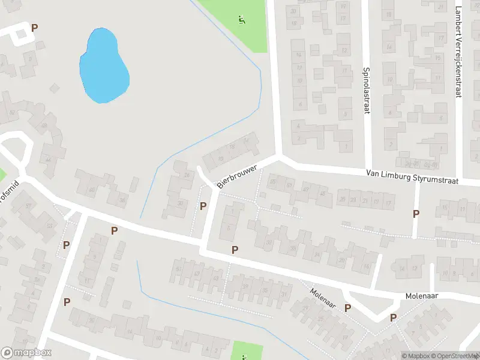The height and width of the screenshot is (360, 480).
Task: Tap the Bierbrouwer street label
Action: (x=241, y=173)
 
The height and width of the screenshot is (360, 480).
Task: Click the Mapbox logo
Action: (x=26, y=353)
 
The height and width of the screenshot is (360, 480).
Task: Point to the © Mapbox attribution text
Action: (x=416, y=356)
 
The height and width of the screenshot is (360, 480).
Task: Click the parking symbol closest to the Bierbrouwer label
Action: (x=203, y=206)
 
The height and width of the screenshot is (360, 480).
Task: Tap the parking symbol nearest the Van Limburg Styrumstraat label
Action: (x=416, y=214)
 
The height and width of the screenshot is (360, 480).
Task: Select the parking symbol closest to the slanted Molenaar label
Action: (x=347, y=308)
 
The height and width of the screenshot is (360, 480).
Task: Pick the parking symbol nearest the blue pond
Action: (x=34, y=28)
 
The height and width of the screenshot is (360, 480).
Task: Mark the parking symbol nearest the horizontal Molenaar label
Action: (x=394, y=318)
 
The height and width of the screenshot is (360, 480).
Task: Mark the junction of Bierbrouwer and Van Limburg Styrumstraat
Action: (x=279, y=157)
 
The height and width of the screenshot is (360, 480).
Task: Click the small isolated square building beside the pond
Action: (x=55, y=88)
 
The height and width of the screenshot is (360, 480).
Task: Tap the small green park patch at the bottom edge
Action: (x=247, y=350)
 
